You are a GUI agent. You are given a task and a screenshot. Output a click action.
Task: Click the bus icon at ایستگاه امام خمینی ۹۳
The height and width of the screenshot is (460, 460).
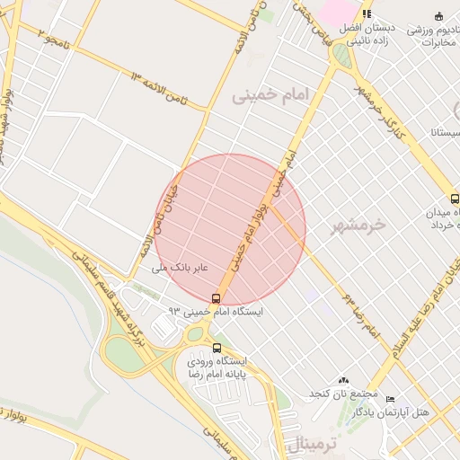216,298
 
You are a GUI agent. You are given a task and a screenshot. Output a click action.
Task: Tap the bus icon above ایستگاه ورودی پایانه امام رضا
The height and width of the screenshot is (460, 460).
216,348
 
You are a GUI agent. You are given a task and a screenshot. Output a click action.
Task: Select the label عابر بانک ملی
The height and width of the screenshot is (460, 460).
180,267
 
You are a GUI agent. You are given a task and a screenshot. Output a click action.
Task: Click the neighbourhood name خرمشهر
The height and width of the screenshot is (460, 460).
358,225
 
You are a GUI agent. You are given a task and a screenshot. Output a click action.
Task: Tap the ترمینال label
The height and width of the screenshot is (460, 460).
315,443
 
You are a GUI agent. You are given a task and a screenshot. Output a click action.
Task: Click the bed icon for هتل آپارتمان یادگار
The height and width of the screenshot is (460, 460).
389,399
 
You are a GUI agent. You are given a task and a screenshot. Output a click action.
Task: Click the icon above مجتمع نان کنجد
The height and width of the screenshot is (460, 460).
342,381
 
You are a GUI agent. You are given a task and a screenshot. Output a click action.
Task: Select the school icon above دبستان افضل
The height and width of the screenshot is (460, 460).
367,14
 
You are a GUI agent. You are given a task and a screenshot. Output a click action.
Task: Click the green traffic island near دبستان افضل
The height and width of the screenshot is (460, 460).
341,56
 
